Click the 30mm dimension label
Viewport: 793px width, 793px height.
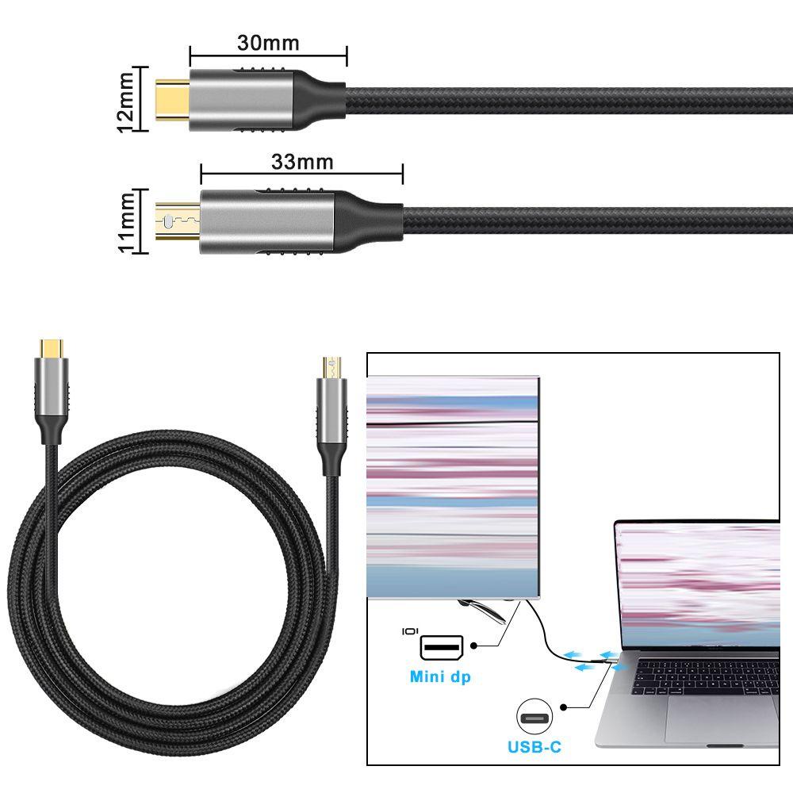pyautogui.click(x=268, y=43)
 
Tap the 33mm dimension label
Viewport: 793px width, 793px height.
pyautogui.click(x=302, y=162)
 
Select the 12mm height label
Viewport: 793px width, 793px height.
pyautogui.click(x=125, y=98)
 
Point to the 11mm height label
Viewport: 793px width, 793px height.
pyautogui.click(x=125, y=221)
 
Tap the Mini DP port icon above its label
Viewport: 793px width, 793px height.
pyautogui.click(x=439, y=646)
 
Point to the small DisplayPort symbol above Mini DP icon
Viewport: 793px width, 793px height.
pyautogui.click(x=410, y=631)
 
